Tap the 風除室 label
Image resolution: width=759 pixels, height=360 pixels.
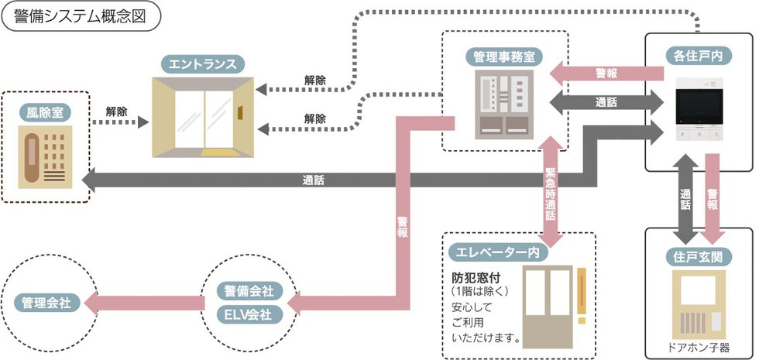46,113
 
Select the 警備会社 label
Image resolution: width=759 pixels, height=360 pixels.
248,293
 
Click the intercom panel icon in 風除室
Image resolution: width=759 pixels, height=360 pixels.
46,159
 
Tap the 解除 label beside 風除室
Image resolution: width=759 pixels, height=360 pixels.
118,111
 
